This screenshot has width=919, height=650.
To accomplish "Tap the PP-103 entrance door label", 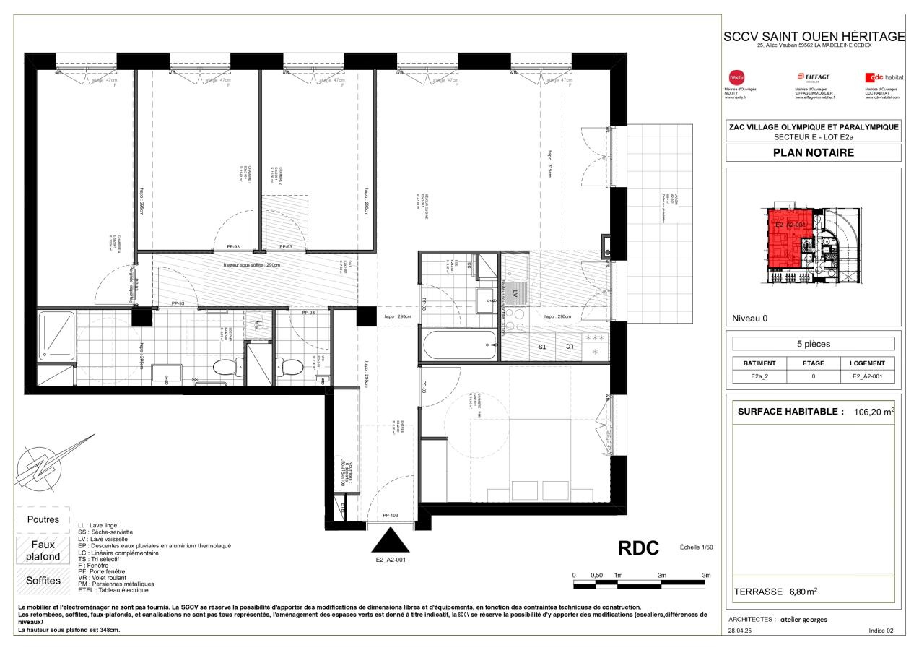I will pos(390,515).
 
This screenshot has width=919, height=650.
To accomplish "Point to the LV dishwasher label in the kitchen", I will pos(515,294).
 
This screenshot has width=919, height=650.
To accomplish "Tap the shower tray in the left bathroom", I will pos(56,336).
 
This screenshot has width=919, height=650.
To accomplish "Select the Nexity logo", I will pos(736,77).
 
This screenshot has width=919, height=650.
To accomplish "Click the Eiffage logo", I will pos(813,77).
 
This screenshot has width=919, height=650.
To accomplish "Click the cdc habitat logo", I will pos(884,77).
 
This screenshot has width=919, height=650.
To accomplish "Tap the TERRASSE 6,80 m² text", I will pos(775,591).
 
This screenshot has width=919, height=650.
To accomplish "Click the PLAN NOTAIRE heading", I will pos(813,152).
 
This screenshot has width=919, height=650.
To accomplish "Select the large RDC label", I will pos(639,548).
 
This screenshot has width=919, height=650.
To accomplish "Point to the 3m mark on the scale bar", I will pos(706,575).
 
